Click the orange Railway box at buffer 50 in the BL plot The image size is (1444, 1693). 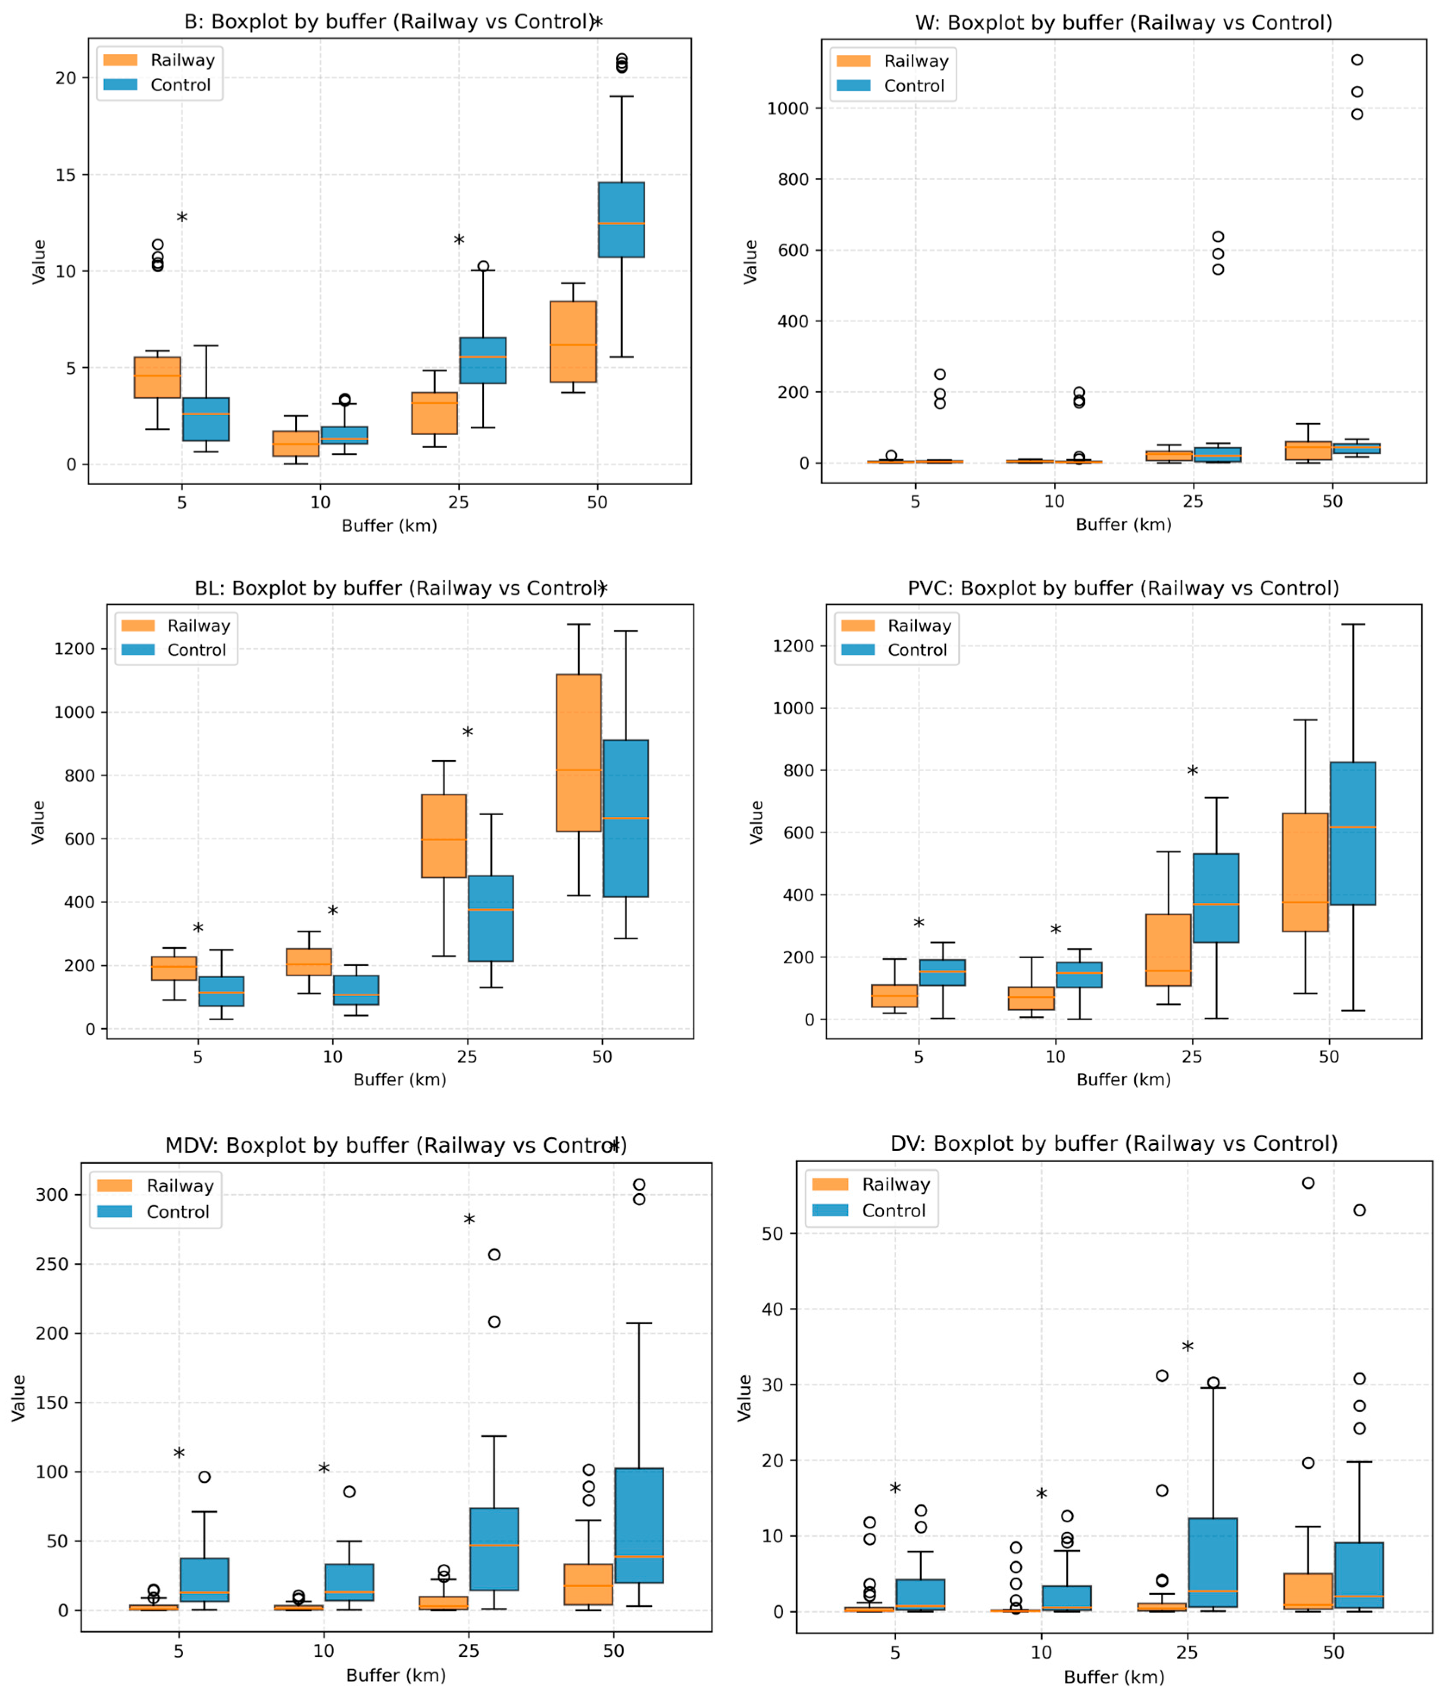point(578,752)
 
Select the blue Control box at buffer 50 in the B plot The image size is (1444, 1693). point(621,220)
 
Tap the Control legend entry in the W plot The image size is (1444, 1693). point(914,86)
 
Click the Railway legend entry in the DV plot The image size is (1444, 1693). point(896,1184)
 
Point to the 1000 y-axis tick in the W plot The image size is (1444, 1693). point(788,109)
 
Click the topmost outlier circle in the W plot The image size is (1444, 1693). point(1356,59)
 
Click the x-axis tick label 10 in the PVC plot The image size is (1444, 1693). point(1055,1057)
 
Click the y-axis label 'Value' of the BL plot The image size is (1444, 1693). point(38,822)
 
